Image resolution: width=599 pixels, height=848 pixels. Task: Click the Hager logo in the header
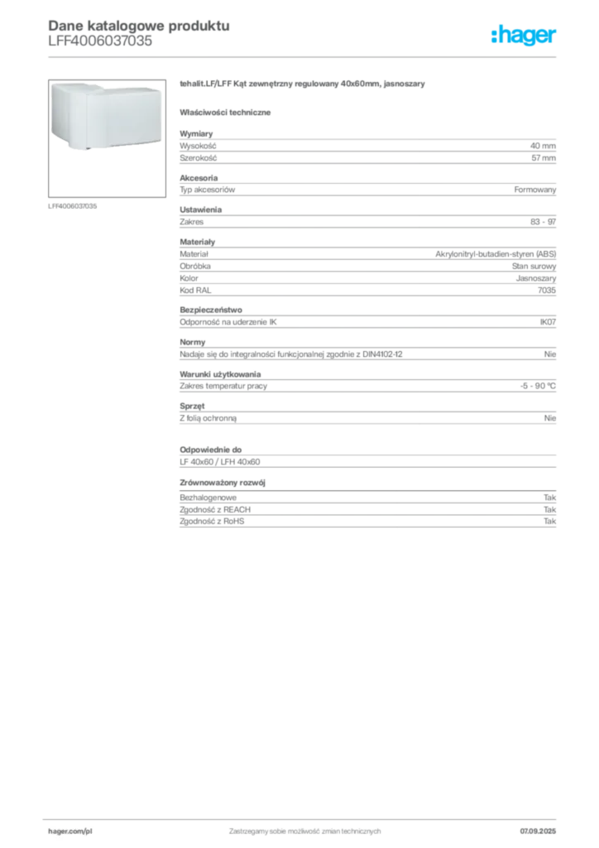[523, 35]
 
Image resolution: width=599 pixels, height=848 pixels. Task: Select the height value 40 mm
[543, 146]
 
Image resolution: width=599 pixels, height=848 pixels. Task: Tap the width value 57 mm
[544, 158]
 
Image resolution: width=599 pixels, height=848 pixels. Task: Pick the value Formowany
[534, 190]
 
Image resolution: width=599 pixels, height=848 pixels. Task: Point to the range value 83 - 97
[543, 222]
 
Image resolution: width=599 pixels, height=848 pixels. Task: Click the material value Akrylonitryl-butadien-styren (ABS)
[496, 253]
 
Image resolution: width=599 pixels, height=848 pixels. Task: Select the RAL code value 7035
[547, 291]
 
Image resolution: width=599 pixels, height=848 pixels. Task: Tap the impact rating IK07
[548, 322]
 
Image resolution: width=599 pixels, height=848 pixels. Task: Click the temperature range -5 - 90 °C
[538, 386]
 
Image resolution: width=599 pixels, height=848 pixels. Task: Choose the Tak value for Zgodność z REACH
[550, 509]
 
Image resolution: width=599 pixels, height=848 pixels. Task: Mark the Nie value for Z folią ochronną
[550, 418]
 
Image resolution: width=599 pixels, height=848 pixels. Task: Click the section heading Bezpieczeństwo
[211, 310]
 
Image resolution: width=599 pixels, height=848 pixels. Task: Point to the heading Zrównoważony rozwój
[223, 483]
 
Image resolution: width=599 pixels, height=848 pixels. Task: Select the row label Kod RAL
[195, 291]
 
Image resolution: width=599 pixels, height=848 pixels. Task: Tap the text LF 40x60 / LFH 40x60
[220, 462]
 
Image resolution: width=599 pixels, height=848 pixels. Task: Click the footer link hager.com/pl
[70, 831]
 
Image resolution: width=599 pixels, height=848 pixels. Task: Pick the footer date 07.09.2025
[538, 831]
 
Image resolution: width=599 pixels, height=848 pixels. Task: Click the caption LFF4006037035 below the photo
[72, 206]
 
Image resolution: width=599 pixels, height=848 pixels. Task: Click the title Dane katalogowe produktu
[139, 26]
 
